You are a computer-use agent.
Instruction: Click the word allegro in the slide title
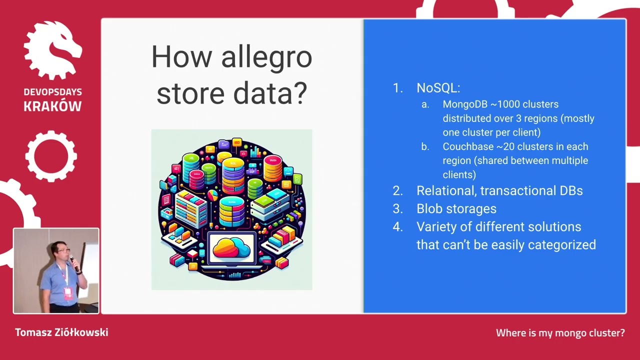(x=266, y=58)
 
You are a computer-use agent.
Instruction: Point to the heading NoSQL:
(x=438, y=88)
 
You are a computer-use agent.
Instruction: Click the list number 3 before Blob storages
(x=397, y=208)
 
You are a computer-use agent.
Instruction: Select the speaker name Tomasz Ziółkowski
(x=61, y=332)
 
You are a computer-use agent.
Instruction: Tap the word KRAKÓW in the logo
(x=52, y=106)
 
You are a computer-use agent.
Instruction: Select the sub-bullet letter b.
(x=425, y=147)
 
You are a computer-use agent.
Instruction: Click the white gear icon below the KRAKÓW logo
(x=51, y=155)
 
